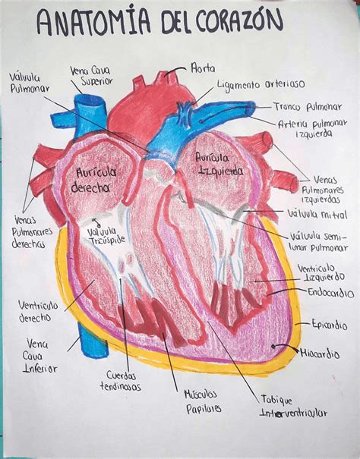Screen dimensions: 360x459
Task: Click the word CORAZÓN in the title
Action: (239, 21)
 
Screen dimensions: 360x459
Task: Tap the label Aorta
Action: (203, 68)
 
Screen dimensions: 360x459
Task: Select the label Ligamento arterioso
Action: (261, 84)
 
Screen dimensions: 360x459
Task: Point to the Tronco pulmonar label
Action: (308, 107)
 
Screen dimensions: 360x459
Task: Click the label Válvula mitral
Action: (317, 214)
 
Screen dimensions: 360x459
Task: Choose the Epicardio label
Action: (329, 325)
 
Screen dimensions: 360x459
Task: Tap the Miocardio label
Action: (320, 354)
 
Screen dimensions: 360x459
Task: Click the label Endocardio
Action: (330, 292)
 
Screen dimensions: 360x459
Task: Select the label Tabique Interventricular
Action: (294, 407)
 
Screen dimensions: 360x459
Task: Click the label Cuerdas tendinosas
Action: (121, 381)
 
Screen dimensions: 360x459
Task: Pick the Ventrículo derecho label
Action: (38, 312)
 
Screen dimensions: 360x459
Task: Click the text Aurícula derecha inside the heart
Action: (93, 180)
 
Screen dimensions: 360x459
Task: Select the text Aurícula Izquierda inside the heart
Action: (219, 164)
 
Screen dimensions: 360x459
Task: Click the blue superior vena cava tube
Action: (90, 117)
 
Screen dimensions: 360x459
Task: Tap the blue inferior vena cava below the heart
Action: (93, 340)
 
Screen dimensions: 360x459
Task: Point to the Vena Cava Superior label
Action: (91, 76)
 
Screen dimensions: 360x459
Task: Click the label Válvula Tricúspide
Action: (106, 236)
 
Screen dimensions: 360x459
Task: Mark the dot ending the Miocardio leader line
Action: (273, 346)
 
